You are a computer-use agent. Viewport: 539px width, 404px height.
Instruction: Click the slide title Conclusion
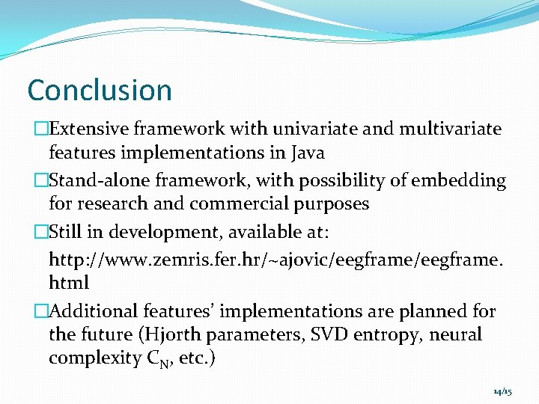point(100,91)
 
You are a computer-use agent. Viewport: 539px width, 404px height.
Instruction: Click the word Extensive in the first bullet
point(88,129)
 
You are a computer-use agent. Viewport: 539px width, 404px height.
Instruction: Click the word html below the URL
point(69,283)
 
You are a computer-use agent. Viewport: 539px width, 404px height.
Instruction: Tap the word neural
point(456,334)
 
